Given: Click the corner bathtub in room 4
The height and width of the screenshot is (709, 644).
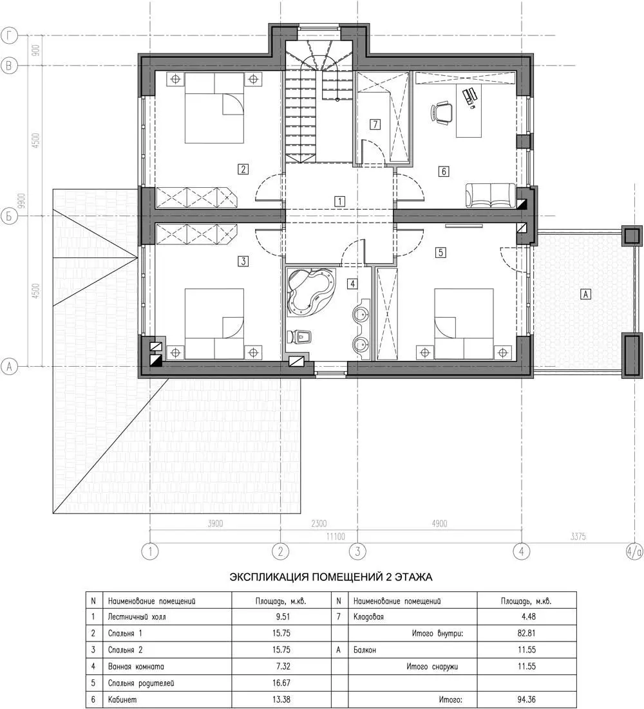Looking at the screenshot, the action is click(311, 291).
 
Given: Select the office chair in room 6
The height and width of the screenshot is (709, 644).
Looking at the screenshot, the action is click(441, 112).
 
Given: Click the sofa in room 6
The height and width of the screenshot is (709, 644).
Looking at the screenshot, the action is click(490, 196).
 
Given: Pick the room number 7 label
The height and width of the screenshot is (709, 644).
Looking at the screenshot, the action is click(375, 124).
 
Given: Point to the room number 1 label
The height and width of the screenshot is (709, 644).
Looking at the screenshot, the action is click(339, 201).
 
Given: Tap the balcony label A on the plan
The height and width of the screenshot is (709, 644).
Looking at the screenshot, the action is click(585, 294).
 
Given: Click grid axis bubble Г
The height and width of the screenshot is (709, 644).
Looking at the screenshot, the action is click(9, 36).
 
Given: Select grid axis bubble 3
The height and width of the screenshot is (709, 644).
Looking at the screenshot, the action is click(358, 551).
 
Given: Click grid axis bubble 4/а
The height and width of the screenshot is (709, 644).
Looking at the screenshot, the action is click(634, 551).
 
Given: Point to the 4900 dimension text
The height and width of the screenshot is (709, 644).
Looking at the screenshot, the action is click(439, 524).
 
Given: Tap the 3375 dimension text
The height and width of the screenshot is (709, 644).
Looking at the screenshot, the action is click(578, 537).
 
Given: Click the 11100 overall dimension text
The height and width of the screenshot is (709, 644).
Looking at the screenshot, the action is click(336, 537).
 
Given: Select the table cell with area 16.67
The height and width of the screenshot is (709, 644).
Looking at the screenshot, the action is click(281, 683).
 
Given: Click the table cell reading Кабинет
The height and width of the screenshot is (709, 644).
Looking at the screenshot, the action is click(167, 699).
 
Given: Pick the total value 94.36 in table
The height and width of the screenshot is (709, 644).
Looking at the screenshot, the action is click(527, 699).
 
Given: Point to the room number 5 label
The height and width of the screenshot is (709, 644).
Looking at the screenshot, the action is click(440, 252).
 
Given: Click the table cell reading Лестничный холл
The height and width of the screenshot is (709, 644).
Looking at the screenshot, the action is click(167, 617).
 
